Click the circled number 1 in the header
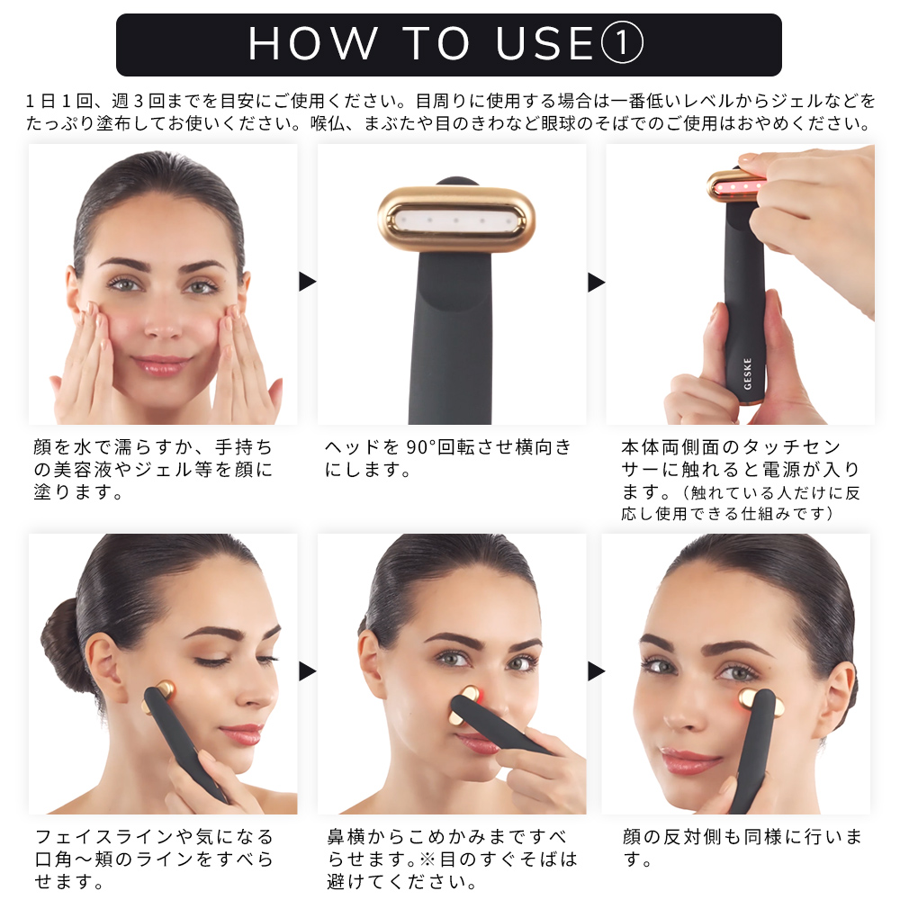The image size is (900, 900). (x=622, y=43)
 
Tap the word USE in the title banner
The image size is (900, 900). (x=544, y=43)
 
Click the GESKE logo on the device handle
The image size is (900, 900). (x=747, y=373)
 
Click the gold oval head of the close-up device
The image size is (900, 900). (x=456, y=220)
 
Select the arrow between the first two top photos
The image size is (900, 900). (x=308, y=282)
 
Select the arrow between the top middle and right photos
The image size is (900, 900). (x=597, y=282)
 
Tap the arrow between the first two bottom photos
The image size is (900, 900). (x=308, y=671)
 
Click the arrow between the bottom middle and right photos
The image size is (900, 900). (x=597, y=671)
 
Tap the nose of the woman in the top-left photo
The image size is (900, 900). (x=162, y=321)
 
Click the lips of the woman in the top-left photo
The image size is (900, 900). (x=161, y=364)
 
